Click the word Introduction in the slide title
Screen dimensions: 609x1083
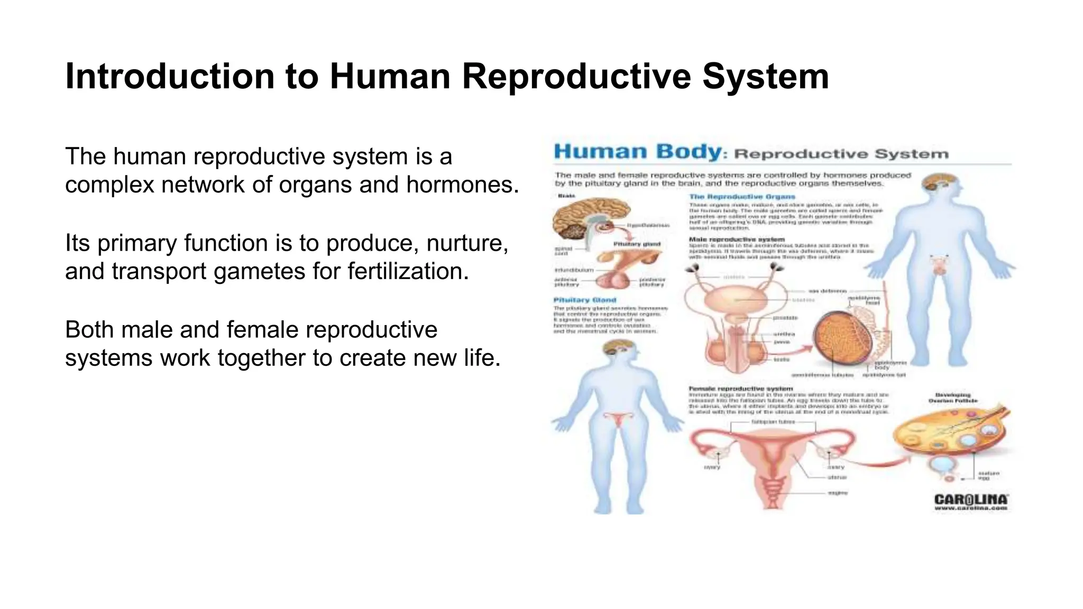169,77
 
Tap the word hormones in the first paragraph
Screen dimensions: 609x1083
462,184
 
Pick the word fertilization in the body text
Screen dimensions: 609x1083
408,271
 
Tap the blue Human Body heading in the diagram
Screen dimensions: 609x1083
637,152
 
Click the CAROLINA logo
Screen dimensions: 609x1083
971,499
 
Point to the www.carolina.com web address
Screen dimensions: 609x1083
971,509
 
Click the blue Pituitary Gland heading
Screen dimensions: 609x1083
584,300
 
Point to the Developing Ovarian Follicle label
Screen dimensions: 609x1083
953,398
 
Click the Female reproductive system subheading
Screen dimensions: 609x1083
740,389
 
